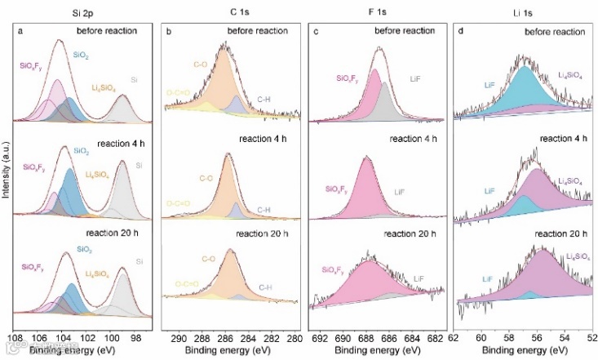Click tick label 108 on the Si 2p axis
(14, 336)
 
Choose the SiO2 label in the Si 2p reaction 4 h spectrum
(82, 152)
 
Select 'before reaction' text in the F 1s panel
(407, 32)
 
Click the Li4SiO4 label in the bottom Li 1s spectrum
(575, 256)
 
